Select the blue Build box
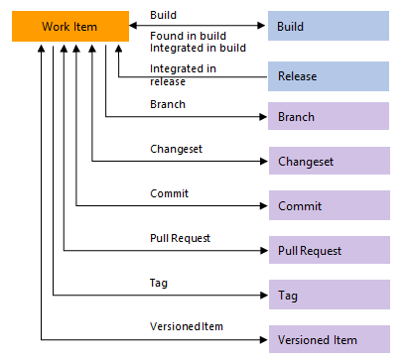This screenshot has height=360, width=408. [332, 25]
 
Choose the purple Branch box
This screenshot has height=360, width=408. [332, 117]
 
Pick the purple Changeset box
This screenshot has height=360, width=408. [332, 161]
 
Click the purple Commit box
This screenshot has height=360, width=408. [332, 205]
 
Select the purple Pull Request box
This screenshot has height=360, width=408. [332, 251]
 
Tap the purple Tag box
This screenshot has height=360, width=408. [332, 296]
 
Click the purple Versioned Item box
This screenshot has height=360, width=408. [332, 340]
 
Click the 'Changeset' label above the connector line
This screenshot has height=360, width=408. [174, 149]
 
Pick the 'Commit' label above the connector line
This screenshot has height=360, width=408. [169, 193]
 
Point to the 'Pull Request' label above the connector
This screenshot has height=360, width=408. [179, 238]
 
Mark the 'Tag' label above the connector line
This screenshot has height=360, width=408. [158, 283]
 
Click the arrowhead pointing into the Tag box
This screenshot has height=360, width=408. [262, 296]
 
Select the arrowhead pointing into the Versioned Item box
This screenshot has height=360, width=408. [262, 340]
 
